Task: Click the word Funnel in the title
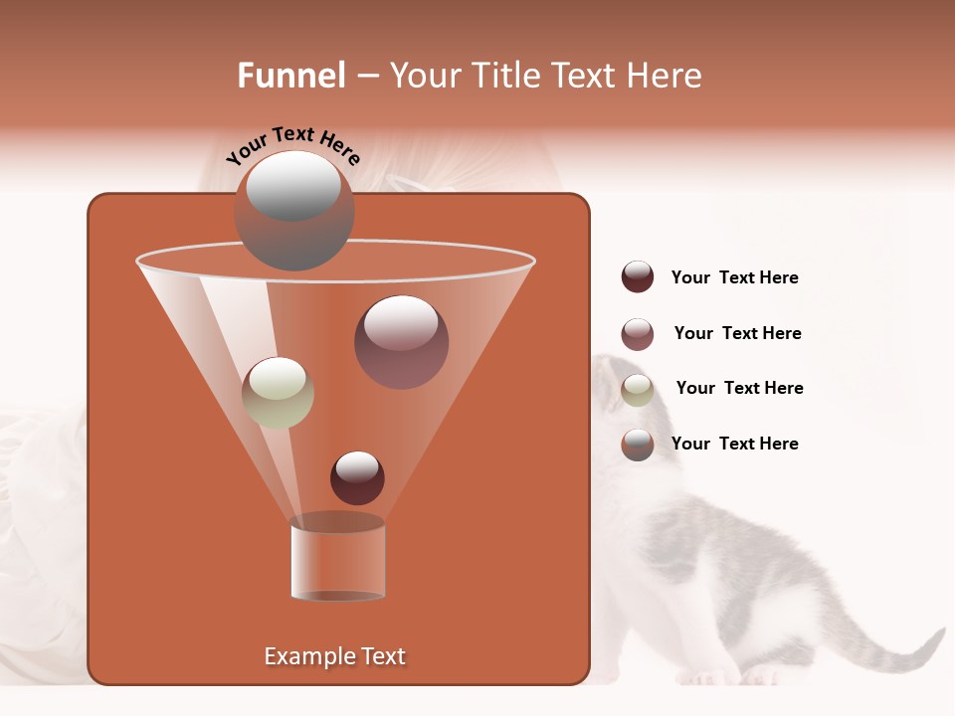pyautogui.click(x=290, y=76)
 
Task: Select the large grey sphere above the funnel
pyautogui.click(x=294, y=211)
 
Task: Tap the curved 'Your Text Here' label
pyautogui.click(x=292, y=144)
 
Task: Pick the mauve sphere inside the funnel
pyautogui.click(x=401, y=341)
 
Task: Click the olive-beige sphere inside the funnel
pyautogui.click(x=278, y=392)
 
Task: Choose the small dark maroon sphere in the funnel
pyautogui.click(x=357, y=477)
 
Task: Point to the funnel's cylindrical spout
pyautogui.click(x=338, y=559)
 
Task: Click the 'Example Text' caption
pyautogui.click(x=334, y=656)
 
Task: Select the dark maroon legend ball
pyautogui.click(x=638, y=276)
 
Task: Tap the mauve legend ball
pyautogui.click(x=638, y=334)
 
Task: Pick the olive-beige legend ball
pyautogui.click(x=638, y=390)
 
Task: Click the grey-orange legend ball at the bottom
pyautogui.click(x=638, y=445)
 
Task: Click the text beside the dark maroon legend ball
pyautogui.click(x=734, y=277)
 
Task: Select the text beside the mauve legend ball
pyautogui.click(x=737, y=333)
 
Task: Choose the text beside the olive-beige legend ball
pyautogui.click(x=739, y=388)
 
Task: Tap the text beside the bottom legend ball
pyautogui.click(x=734, y=444)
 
